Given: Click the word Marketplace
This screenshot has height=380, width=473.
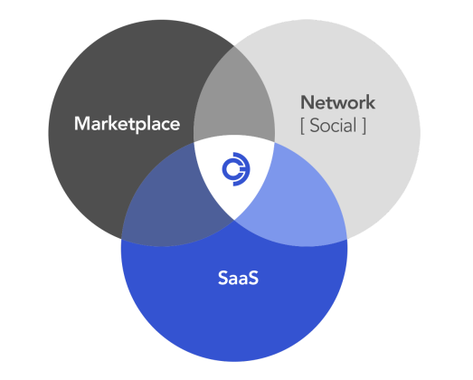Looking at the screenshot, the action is [x=127, y=124].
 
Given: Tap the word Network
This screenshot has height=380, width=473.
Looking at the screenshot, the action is [x=338, y=102].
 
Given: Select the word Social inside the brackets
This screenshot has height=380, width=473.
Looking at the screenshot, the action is [x=334, y=125].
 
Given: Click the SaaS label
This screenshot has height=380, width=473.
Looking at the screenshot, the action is [x=239, y=278].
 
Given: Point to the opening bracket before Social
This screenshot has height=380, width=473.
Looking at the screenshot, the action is [x=302, y=126].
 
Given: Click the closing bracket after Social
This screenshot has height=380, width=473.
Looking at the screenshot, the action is [x=364, y=126].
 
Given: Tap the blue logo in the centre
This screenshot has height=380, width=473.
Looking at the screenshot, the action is [x=236, y=169].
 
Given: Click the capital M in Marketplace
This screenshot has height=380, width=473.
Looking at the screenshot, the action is [x=82, y=123].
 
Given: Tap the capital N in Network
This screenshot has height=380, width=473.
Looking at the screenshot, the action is [x=307, y=102].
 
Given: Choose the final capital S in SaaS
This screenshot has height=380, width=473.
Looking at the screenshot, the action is [x=253, y=278].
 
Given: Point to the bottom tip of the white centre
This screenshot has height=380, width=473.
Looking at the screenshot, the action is [x=234, y=220].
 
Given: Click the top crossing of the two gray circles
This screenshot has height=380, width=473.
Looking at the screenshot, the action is [x=234, y=46].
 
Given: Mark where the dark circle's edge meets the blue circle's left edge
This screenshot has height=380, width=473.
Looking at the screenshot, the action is [x=121, y=239].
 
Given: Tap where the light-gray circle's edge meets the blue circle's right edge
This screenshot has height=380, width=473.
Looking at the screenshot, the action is [x=347, y=239].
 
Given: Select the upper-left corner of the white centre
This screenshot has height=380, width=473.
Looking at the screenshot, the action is [x=194, y=142].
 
